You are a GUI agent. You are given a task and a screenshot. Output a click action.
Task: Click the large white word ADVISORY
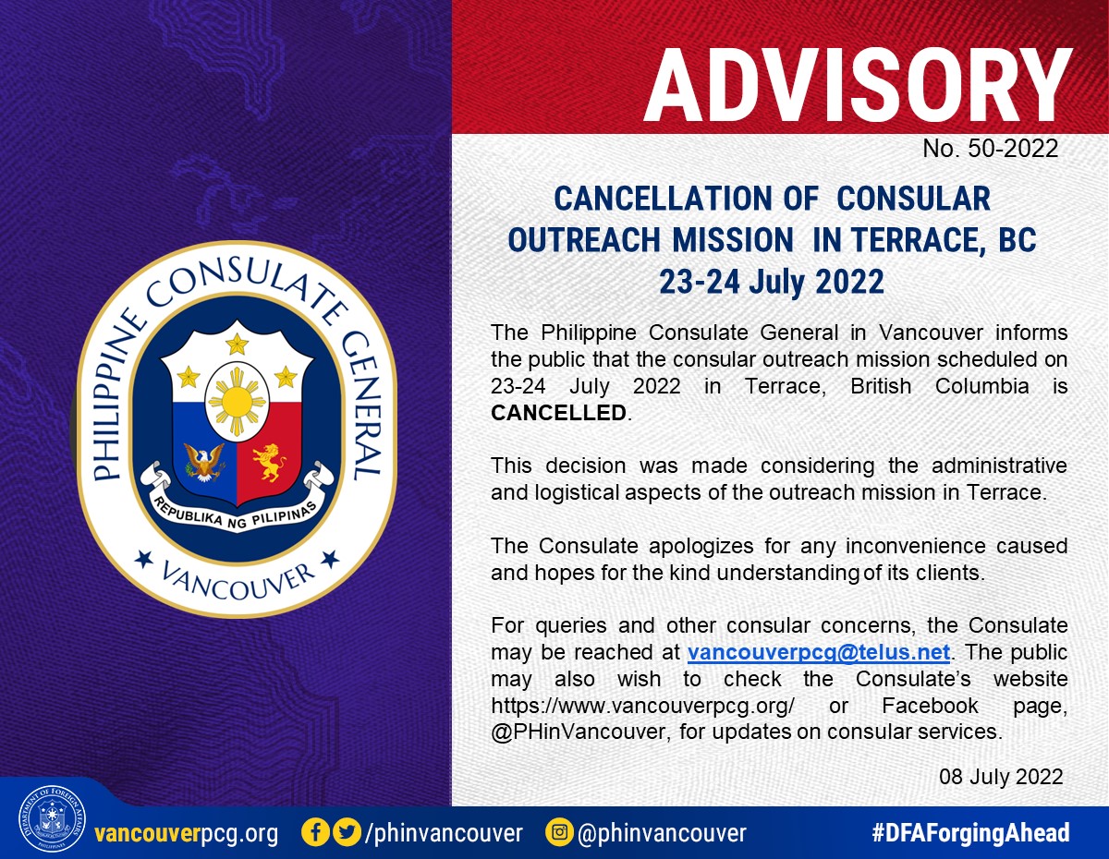(x=859, y=86)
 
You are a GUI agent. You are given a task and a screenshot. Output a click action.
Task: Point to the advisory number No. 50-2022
(x=990, y=149)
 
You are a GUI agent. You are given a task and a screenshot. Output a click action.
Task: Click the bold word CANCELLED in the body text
(x=559, y=413)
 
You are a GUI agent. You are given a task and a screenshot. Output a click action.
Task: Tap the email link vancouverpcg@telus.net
(x=819, y=652)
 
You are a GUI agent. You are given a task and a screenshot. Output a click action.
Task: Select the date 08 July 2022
(x=1001, y=777)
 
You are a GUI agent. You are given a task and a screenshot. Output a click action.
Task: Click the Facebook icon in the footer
(x=315, y=833)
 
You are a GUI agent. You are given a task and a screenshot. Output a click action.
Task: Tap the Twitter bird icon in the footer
(x=347, y=833)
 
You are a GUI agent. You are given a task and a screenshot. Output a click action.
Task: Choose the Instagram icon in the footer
(x=559, y=833)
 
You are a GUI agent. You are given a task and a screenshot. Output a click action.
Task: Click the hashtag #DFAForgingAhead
(x=970, y=833)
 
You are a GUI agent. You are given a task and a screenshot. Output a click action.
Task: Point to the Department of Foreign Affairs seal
(x=52, y=819)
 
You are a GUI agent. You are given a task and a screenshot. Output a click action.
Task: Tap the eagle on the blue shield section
(x=204, y=462)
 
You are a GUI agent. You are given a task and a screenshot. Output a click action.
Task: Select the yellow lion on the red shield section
(x=269, y=462)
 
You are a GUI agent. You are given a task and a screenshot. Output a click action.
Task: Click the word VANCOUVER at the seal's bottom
(x=238, y=580)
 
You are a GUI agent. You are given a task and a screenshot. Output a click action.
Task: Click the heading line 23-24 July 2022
(x=772, y=282)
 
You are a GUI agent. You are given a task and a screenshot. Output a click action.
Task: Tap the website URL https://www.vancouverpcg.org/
(x=642, y=706)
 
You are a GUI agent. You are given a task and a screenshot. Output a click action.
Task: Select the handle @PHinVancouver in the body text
(x=579, y=732)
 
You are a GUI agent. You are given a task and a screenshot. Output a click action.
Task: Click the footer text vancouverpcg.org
(x=187, y=833)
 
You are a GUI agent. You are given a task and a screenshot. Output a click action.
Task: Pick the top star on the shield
(x=237, y=344)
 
